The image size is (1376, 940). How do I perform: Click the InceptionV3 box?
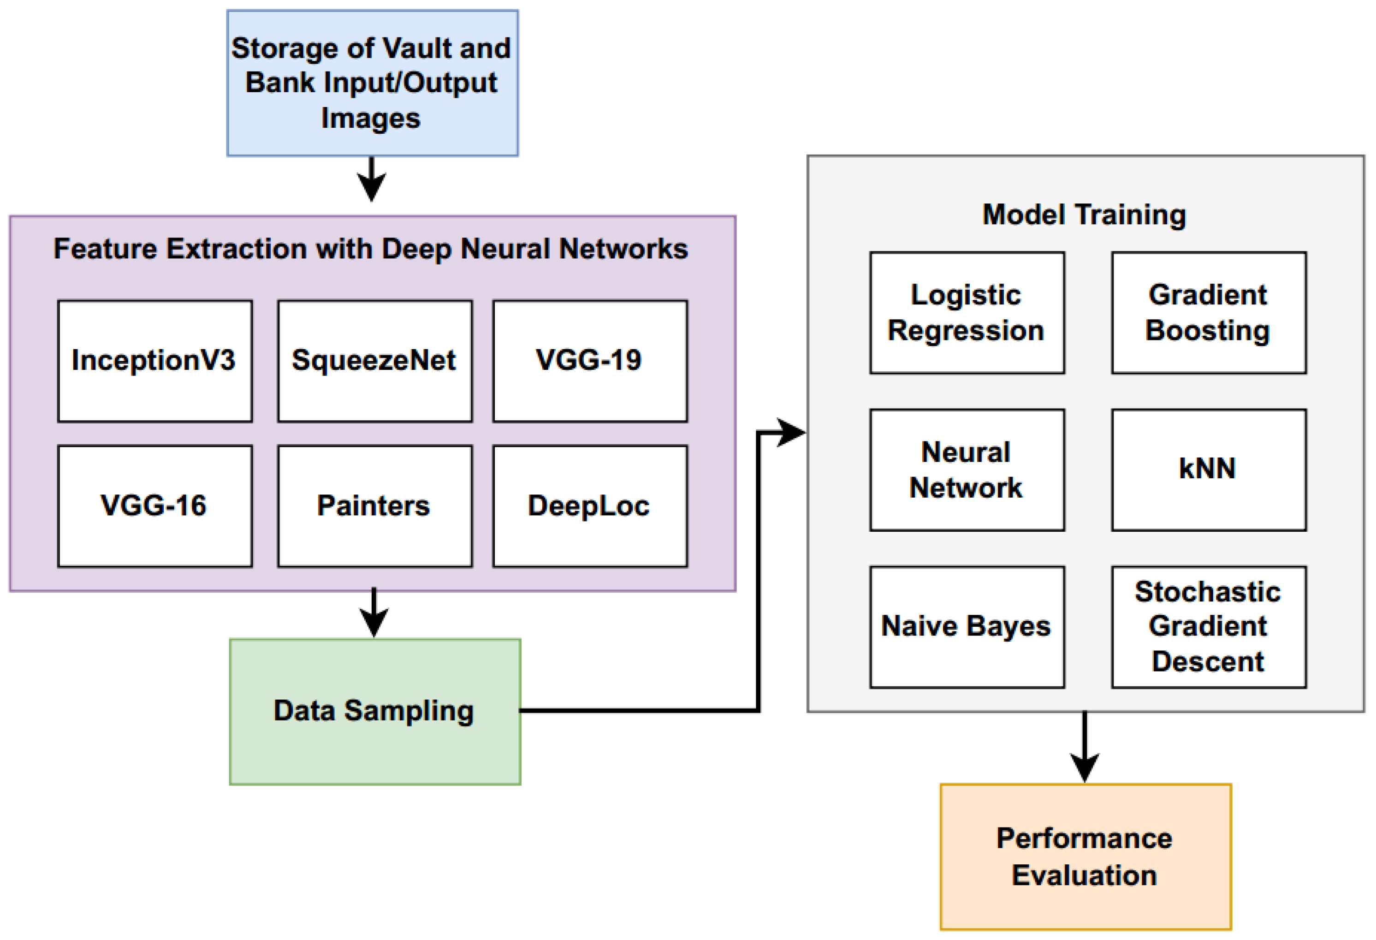(154, 361)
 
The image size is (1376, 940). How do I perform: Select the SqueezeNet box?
(375, 361)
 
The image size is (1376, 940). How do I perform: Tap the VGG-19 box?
(590, 361)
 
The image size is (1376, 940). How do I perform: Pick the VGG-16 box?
(154, 506)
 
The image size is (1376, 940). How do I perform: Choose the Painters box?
(375, 506)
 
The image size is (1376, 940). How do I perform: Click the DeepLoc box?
(590, 506)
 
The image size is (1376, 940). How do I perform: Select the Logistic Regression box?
(966, 313)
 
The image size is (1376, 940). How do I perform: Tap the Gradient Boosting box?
(1209, 313)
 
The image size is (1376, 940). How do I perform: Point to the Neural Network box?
(966, 470)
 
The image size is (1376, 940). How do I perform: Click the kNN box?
(1209, 470)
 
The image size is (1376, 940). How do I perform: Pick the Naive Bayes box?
(966, 627)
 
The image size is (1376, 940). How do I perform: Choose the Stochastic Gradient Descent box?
(1209, 627)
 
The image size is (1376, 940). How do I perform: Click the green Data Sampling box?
(375, 711)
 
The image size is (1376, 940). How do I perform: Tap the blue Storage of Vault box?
(372, 83)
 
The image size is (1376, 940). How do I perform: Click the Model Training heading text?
(1084, 214)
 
